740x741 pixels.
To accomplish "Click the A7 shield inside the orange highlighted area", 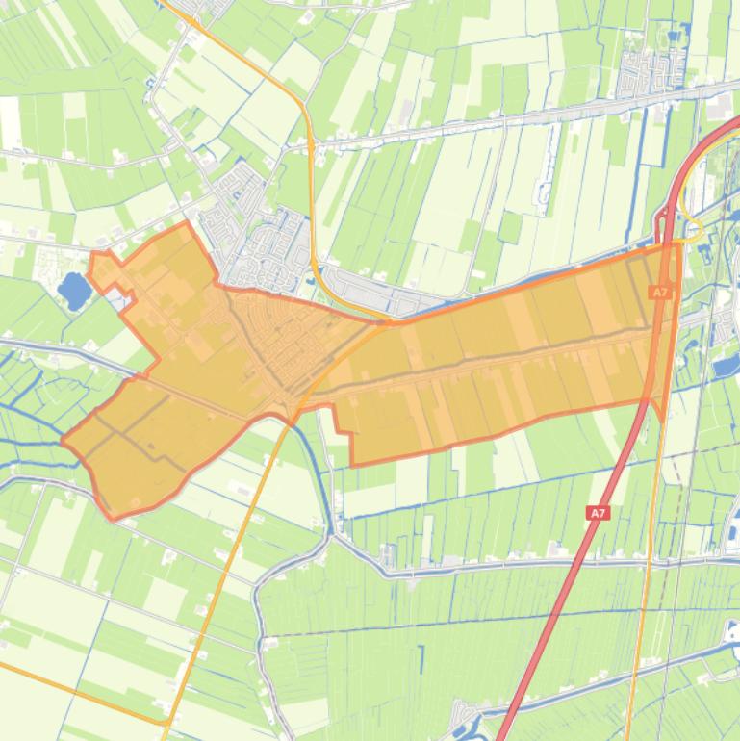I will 659,292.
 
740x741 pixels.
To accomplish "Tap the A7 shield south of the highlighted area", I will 599,514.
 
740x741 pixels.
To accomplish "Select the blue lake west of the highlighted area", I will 72,290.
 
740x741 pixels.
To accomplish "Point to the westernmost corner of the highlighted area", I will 64,441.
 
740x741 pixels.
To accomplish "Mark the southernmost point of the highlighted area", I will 114,519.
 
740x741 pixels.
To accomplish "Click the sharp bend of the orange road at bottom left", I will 169,721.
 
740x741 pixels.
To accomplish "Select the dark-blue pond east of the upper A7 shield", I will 727,363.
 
